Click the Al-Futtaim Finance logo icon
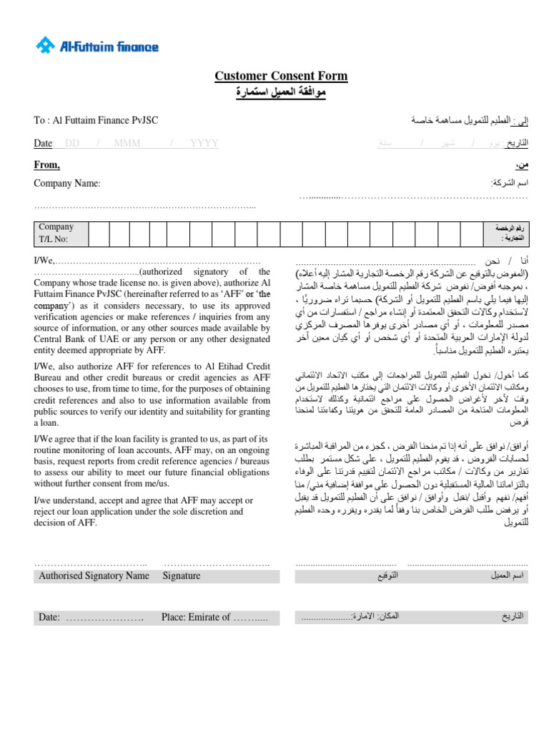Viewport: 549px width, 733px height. [46, 47]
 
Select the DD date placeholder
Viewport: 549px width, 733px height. [72, 143]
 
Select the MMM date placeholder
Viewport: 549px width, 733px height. [127, 143]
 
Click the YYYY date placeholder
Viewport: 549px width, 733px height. [204, 143]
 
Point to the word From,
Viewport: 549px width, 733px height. [47, 165]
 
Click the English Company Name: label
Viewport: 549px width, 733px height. [67, 183]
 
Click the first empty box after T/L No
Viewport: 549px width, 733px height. [99, 233]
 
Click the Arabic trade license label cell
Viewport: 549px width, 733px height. [510, 233]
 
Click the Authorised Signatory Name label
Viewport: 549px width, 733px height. [94, 576]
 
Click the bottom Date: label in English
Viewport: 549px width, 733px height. [49, 617]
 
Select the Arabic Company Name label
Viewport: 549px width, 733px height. [509, 183]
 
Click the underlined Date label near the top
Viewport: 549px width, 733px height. [43, 143]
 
